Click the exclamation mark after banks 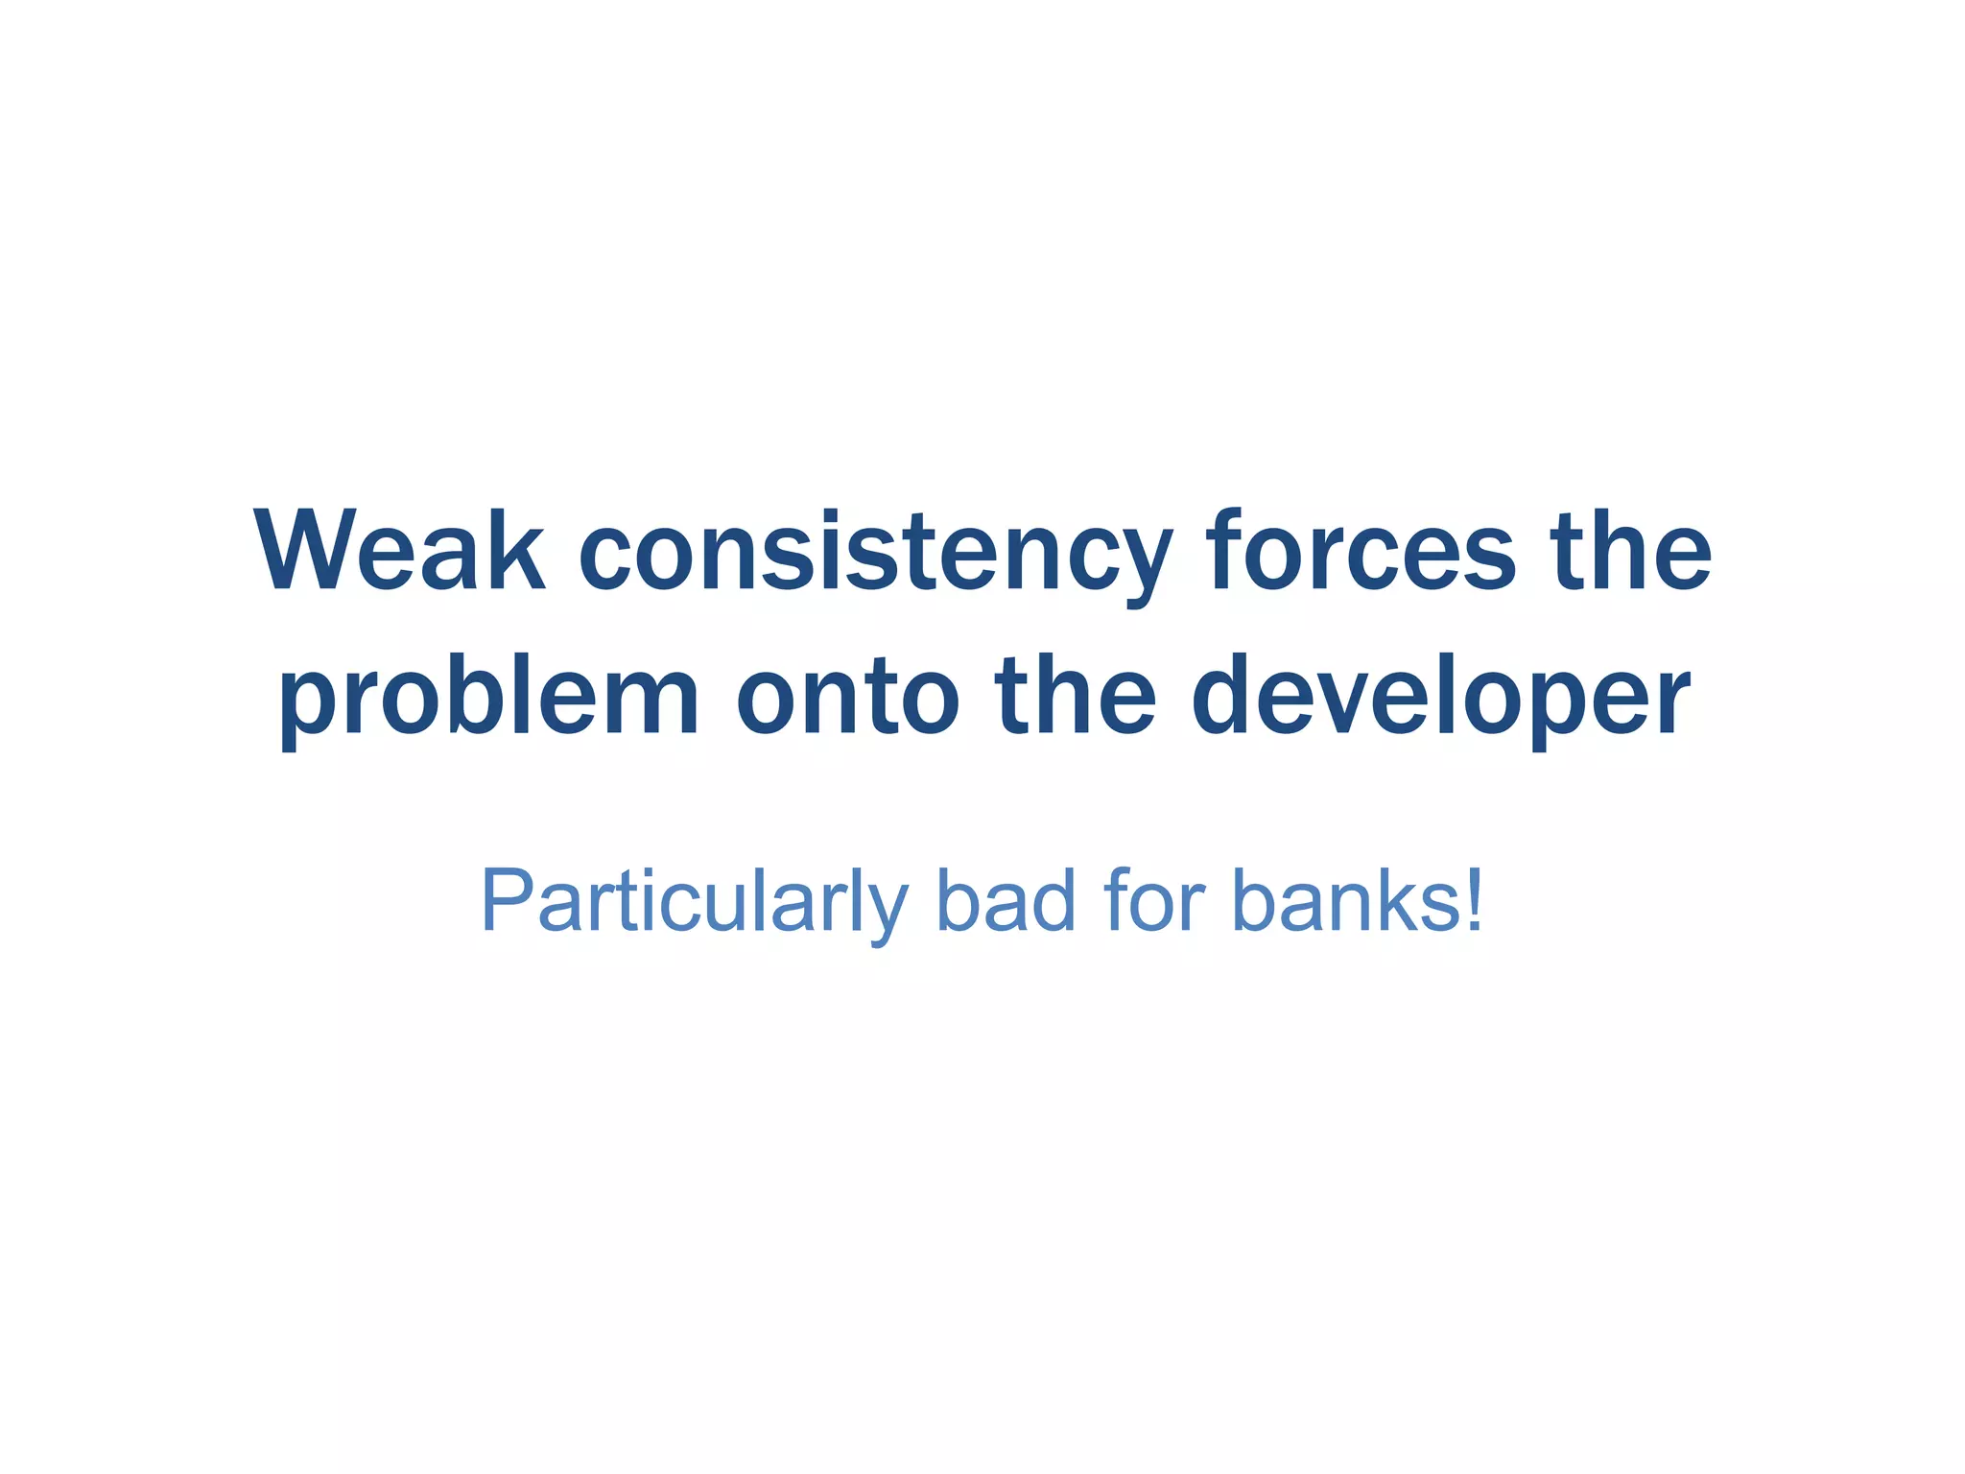coord(1475,900)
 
